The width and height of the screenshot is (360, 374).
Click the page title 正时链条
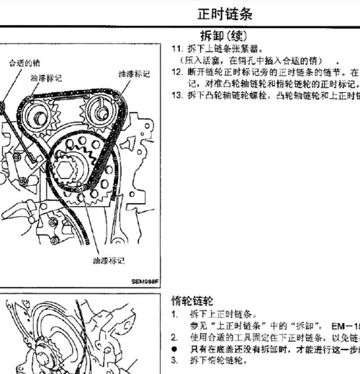[x=224, y=14]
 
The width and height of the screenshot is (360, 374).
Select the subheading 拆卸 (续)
[x=223, y=35]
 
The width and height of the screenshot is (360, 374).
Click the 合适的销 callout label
[x=24, y=63]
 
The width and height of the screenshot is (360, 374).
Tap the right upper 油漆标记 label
[x=135, y=74]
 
